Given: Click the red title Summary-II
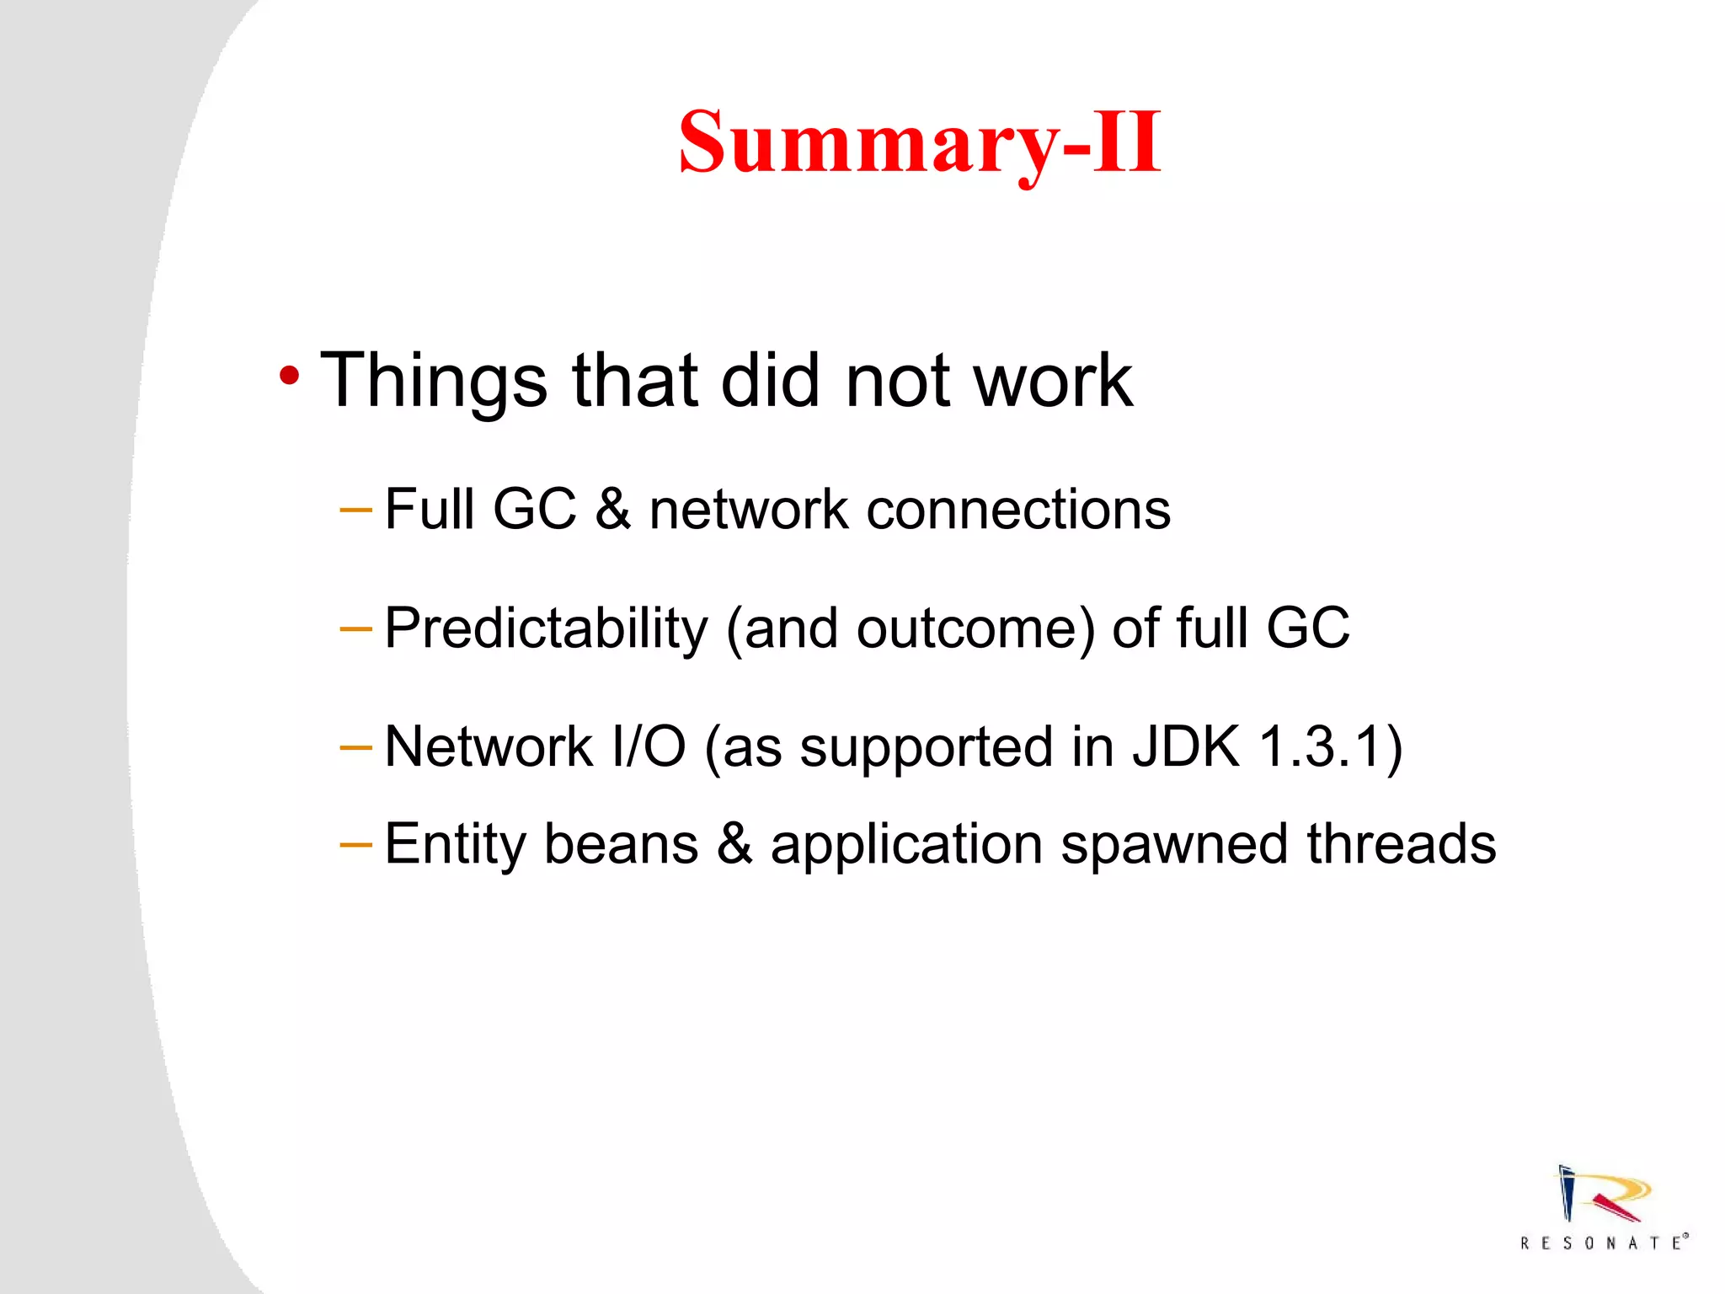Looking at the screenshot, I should click(920, 143).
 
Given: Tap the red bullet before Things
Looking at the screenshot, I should click(289, 377).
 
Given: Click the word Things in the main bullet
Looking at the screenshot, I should click(434, 381).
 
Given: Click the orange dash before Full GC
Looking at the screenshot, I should click(355, 510).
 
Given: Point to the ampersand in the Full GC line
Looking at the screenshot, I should click(612, 510).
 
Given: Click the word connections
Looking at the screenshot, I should click(1018, 510).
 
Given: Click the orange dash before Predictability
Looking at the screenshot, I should click(355, 628).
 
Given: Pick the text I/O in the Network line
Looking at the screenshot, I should click(649, 747).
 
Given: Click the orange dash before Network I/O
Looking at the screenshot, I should click(355, 747).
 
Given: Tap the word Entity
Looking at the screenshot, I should click(455, 845).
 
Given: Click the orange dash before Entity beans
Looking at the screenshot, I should click(355, 843).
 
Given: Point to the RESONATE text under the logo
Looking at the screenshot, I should click(1603, 1243).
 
